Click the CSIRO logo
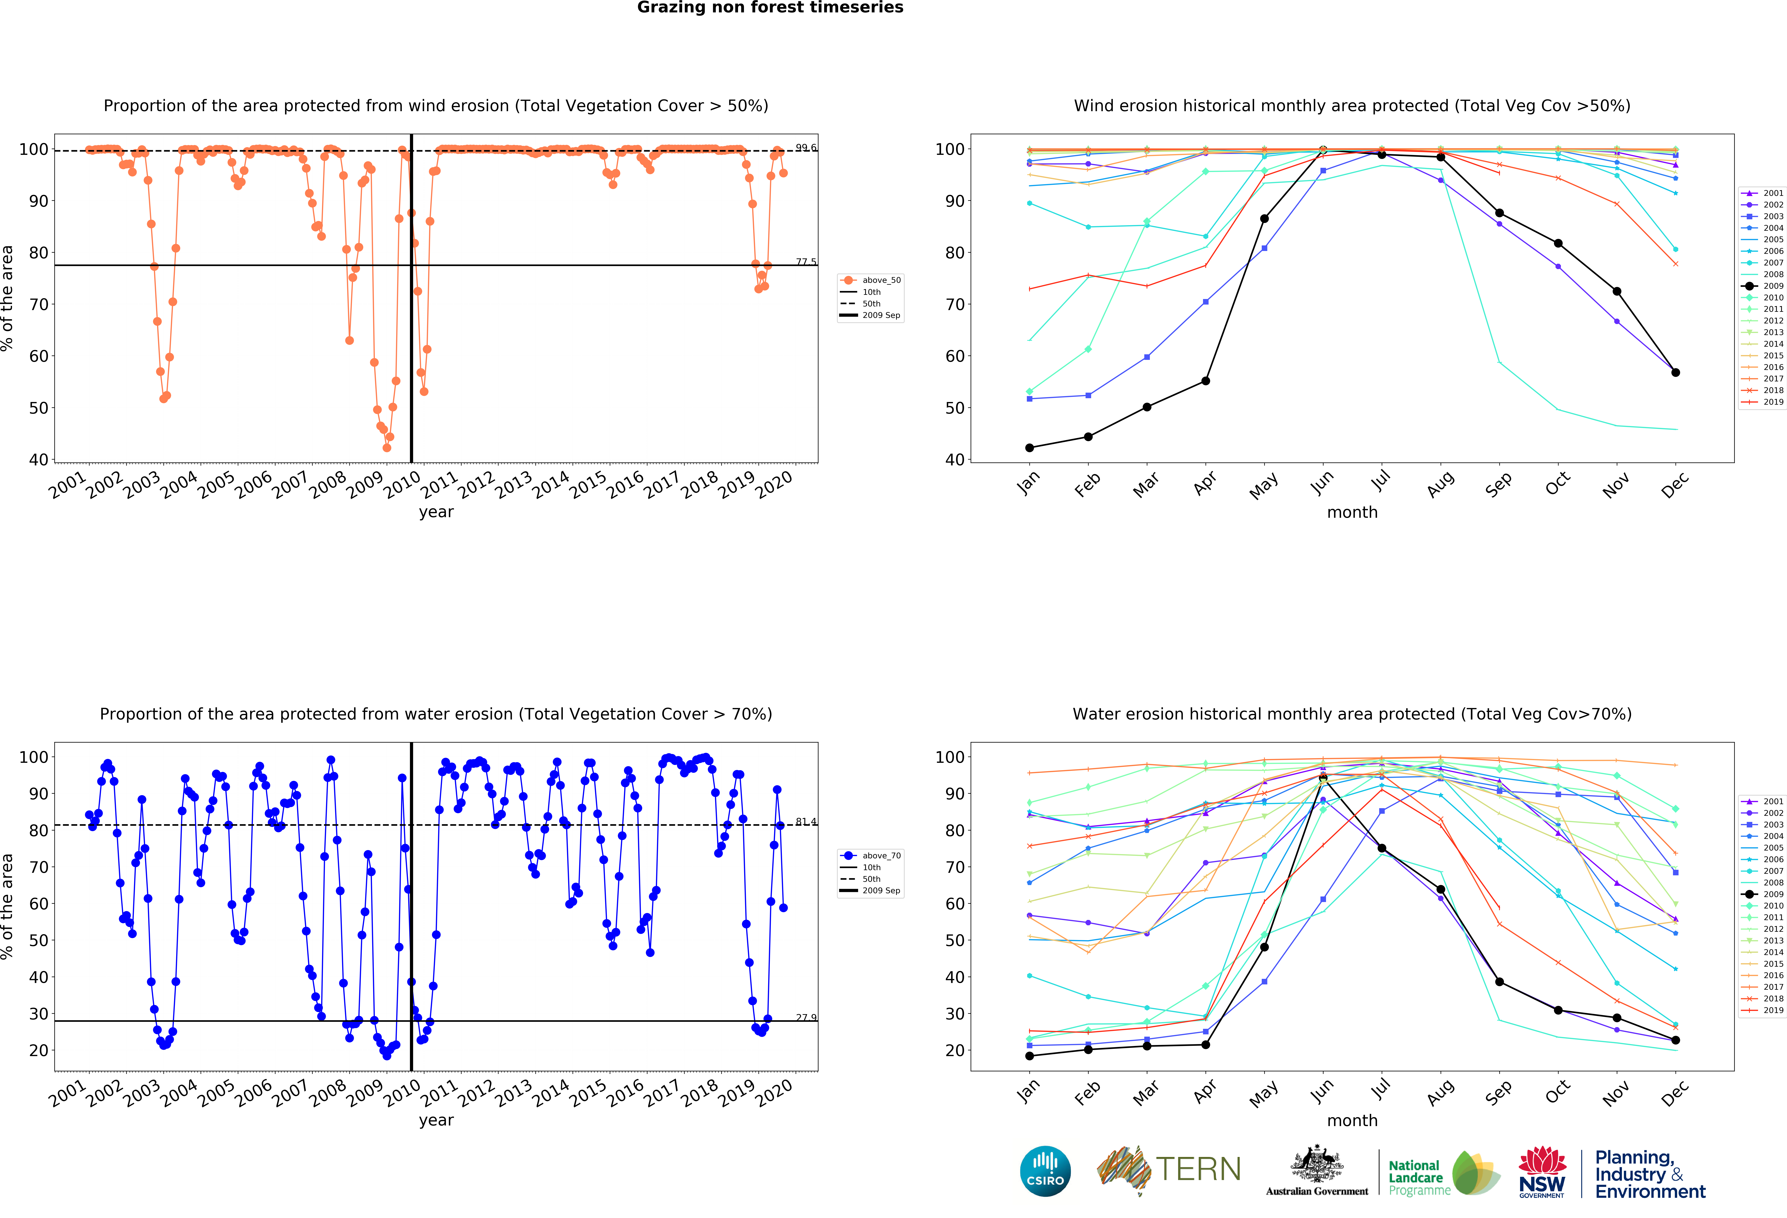[1045, 1171]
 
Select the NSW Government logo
[1542, 1172]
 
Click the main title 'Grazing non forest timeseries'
[770, 8]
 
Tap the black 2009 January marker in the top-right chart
[1030, 448]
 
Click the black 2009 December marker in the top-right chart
[1675, 372]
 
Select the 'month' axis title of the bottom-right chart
[1352, 1120]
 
